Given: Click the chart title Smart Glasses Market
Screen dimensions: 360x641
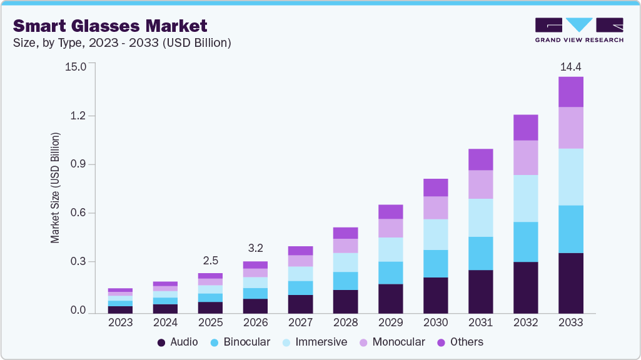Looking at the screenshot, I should pyautogui.click(x=109, y=26).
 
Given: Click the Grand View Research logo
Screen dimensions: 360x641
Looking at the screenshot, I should pyautogui.click(x=578, y=29).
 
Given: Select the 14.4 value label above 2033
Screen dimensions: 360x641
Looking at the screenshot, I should pyautogui.click(x=570, y=66).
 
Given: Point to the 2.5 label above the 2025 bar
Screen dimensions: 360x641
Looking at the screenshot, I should pyautogui.click(x=210, y=261).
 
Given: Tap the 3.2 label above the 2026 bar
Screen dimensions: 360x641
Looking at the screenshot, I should pyautogui.click(x=255, y=248).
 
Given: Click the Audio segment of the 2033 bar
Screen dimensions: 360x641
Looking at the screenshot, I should pyautogui.click(x=570, y=283).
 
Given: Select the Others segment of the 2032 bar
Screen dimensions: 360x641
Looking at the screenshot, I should pyautogui.click(x=525, y=127).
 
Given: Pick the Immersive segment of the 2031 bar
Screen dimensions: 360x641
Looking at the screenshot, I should pyautogui.click(x=480, y=217).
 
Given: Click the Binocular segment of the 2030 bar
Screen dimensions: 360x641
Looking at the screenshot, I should pyautogui.click(x=435, y=264).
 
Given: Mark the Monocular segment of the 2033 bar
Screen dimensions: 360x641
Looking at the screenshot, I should pyautogui.click(x=570, y=127).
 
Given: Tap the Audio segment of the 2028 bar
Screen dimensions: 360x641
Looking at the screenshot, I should pyautogui.click(x=345, y=301).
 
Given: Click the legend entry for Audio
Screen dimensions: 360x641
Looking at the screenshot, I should pyautogui.click(x=178, y=342).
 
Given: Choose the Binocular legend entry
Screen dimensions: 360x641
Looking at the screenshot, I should pyautogui.click(x=240, y=342).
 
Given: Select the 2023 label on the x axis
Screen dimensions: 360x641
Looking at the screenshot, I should pyautogui.click(x=121, y=322).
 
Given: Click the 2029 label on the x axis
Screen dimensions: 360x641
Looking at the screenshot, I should pyautogui.click(x=390, y=322).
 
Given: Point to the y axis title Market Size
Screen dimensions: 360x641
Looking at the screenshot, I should pyautogui.click(x=56, y=187).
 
